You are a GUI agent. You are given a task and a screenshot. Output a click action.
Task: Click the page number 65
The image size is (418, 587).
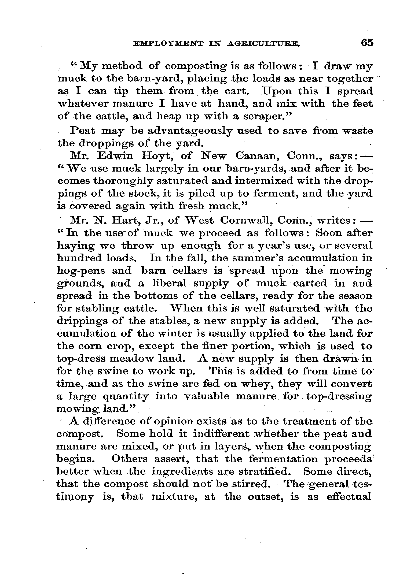tap(367, 43)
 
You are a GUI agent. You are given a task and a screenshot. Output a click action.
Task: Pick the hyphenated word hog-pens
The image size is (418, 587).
tap(81, 271)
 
